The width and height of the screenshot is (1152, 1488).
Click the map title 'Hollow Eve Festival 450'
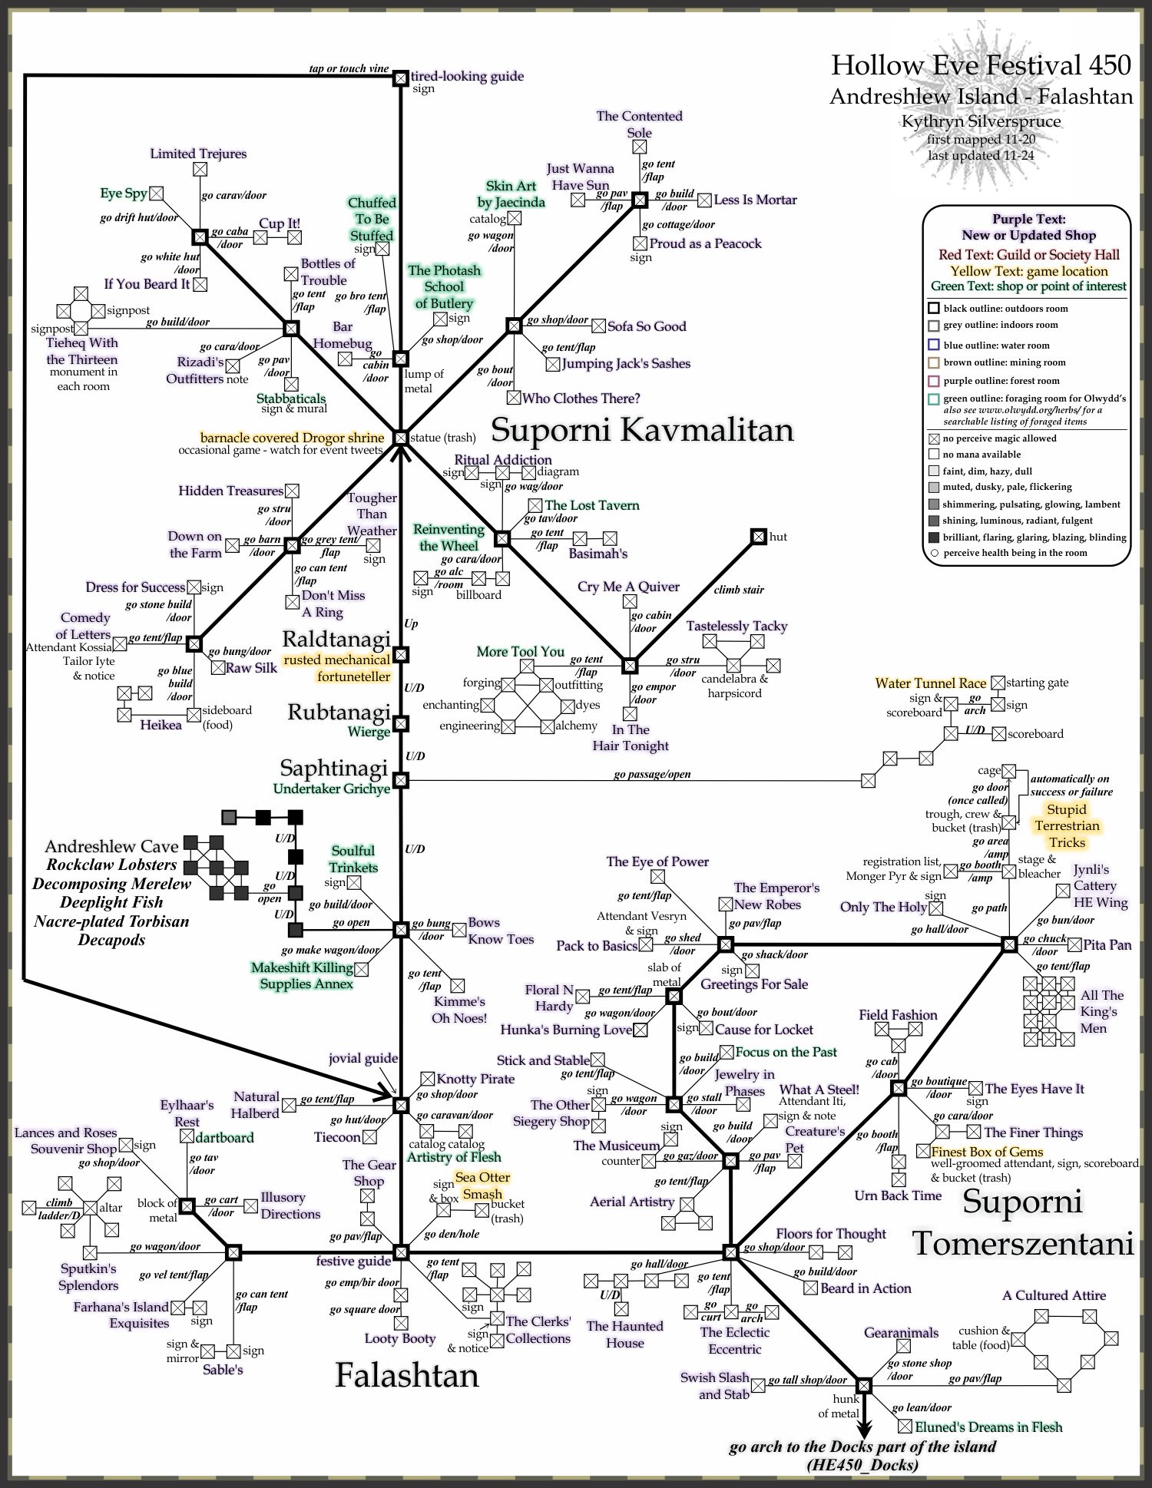point(981,65)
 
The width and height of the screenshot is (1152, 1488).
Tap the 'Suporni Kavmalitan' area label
point(642,429)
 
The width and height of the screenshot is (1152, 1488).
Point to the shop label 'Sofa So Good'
point(647,326)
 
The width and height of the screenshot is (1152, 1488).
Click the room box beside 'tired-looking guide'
point(400,78)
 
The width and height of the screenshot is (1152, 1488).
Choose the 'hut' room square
point(758,536)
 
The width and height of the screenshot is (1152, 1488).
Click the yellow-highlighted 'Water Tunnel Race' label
point(930,683)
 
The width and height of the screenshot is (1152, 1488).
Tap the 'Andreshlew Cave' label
point(111,846)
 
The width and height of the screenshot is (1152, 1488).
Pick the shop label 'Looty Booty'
point(400,1338)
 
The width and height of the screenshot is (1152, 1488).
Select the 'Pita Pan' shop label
point(1107,944)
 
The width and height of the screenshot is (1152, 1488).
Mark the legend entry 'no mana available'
point(982,455)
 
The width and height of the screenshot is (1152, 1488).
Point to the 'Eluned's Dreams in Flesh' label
point(988,1427)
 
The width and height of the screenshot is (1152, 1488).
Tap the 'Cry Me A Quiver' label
point(628,587)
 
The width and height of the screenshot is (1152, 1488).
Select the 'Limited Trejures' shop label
point(198,154)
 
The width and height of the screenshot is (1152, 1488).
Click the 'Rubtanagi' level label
point(339,712)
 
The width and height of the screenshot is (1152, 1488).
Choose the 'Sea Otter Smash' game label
point(482,1185)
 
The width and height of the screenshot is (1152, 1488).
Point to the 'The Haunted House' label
point(624,1334)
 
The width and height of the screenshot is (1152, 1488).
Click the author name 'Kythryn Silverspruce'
point(981,121)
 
